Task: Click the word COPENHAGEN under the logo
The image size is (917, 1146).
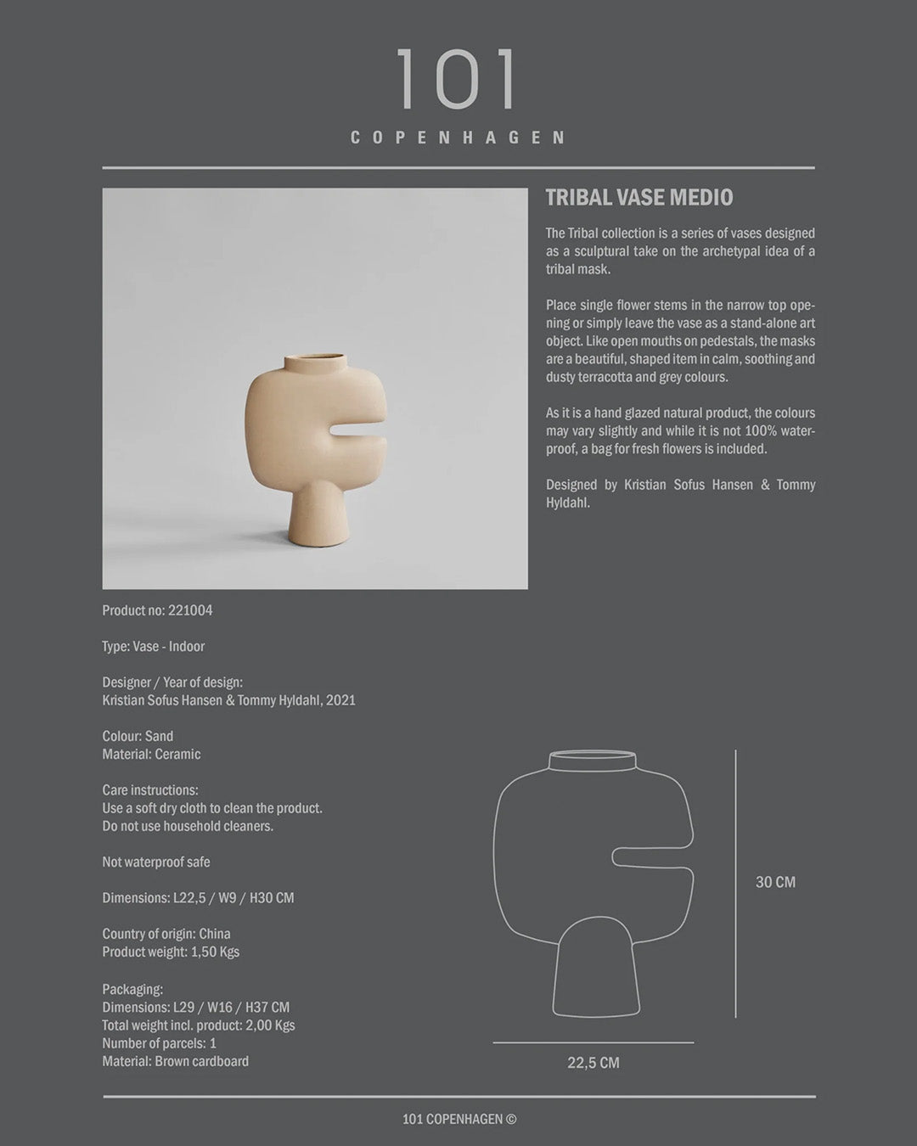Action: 458,138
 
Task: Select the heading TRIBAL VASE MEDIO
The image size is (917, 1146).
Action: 639,198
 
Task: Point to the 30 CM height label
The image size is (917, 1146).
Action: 775,882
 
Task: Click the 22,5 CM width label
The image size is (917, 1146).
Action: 593,1063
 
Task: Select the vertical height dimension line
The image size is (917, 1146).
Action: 735,883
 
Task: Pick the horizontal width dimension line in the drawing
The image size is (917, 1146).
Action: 593,1042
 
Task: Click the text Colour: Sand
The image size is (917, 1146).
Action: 138,736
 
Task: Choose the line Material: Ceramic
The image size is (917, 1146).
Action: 151,754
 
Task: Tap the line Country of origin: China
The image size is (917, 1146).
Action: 166,934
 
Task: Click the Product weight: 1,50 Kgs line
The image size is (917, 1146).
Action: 171,952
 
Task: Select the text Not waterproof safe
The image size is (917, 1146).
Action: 156,862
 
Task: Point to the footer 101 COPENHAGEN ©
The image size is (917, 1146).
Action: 459,1119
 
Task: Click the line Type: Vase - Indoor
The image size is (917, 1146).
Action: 154,646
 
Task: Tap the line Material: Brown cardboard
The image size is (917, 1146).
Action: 176,1061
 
